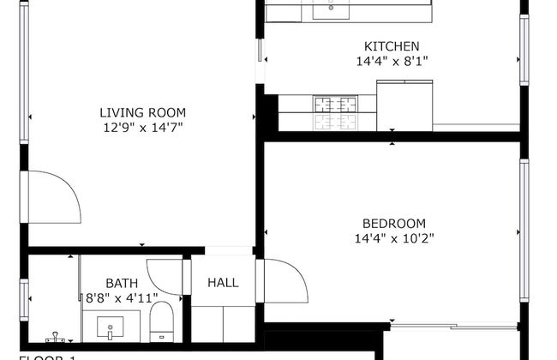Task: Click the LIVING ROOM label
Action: (142, 112)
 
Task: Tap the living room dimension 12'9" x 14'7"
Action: (142, 127)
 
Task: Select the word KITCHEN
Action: (392, 46)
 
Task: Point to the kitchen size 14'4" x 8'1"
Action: (392, 61)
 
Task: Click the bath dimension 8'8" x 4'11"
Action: (121, 297)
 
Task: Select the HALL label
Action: (223, 283)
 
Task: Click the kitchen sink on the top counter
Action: (331, 10)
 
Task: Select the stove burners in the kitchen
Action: (335, 112)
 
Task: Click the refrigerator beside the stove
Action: (404, 105)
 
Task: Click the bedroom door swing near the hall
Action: (284, 281)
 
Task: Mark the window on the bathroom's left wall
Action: (25, 297)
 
